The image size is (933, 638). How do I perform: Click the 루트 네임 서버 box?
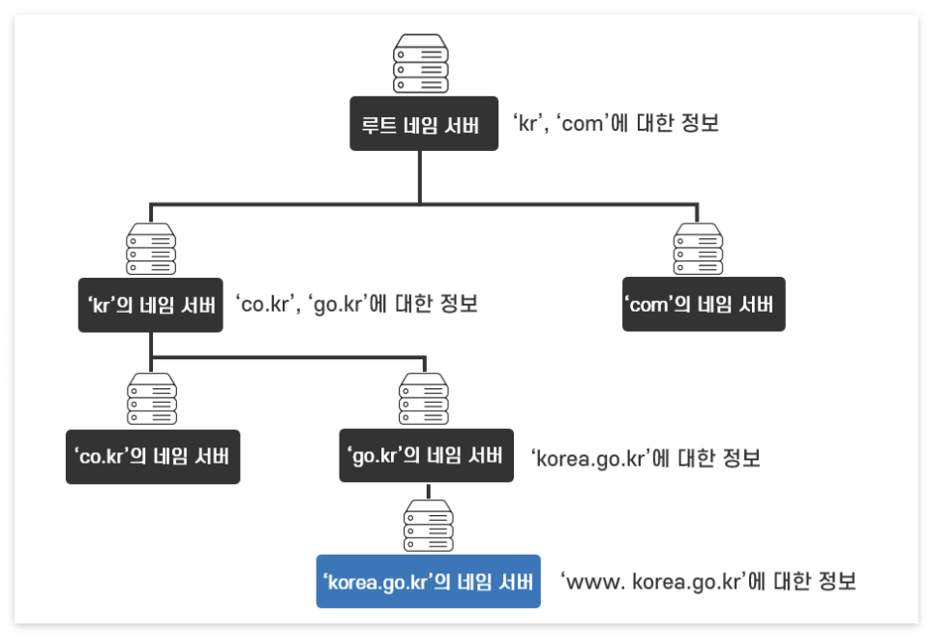coord(424,123)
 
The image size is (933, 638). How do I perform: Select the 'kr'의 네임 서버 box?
coord(150,305)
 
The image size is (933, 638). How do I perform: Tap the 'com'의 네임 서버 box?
coord(703,305)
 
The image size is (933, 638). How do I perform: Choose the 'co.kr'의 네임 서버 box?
coord(152,456)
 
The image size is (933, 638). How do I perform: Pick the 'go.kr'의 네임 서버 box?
coord(426,456)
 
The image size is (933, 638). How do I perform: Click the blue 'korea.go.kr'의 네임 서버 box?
coord(428,581)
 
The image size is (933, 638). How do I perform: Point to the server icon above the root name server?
coord(421,63)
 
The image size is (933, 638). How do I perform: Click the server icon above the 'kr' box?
coord(150,249)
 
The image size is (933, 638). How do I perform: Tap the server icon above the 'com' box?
coord(699,249)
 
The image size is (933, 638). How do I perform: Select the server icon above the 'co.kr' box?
coord(152,400)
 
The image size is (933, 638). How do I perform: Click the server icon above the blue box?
coord(428,526)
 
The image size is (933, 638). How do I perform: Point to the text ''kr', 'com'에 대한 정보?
coord(616,124)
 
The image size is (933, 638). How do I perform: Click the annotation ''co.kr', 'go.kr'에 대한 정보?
coord(356,304)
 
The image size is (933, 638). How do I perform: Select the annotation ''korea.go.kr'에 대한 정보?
coord(646,458)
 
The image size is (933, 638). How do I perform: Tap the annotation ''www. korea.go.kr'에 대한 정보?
coord(708,582)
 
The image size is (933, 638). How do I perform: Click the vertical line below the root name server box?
coord(420,176)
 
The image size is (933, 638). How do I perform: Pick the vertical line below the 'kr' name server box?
coord(150,345)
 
